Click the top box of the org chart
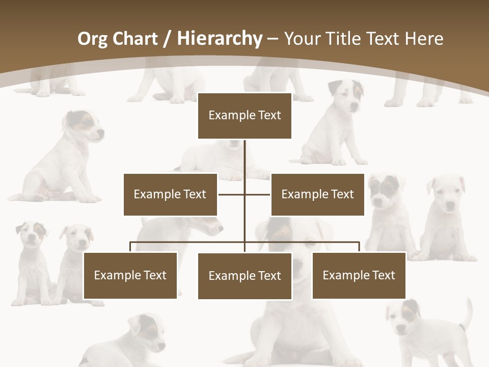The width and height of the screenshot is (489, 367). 244,116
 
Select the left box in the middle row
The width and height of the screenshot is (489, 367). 170,194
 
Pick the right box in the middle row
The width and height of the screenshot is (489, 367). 317,194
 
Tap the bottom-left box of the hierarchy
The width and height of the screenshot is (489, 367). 130,275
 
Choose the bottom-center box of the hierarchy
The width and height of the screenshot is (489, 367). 244,276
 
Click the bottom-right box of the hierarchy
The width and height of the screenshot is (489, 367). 359,275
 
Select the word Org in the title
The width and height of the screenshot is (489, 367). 92,39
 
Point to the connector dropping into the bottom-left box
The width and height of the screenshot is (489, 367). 130,247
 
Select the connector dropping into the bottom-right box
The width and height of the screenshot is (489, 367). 359,247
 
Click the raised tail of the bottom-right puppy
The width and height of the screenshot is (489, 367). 467,313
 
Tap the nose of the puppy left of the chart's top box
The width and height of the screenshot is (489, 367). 101,133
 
